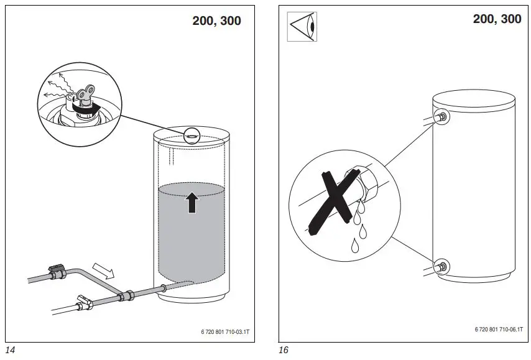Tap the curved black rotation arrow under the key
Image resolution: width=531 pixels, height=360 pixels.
87,109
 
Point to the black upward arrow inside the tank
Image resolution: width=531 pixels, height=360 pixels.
192,203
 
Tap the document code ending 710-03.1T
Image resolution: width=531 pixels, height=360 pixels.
221,333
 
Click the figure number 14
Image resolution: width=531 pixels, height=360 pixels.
10,350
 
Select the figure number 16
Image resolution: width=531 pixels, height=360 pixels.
284,350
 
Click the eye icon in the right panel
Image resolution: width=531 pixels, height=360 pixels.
302,26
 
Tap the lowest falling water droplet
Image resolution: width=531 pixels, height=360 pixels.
355,246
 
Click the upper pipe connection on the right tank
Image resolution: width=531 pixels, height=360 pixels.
441,116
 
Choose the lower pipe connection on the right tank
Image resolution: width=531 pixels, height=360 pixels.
441,267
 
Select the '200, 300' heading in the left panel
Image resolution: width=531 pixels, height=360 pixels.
216,21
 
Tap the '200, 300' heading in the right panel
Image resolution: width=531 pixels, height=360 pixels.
497,19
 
